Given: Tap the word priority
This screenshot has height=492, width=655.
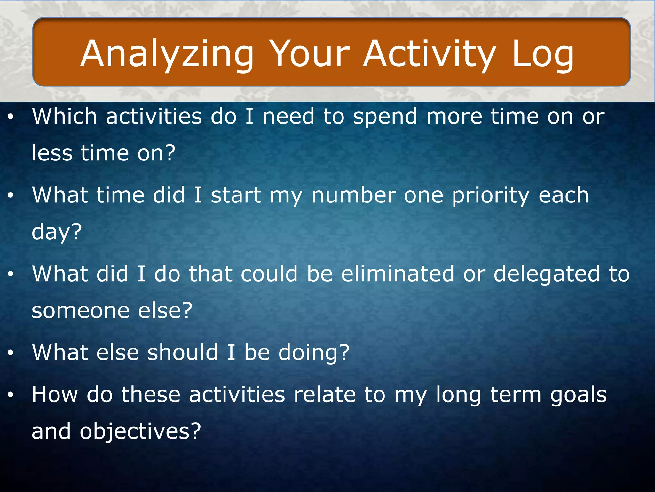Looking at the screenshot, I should (491, 195).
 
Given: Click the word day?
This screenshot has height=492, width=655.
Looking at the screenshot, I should (57, 232).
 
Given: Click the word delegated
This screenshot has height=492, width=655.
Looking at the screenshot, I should (547, 274).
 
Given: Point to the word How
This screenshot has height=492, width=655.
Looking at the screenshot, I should (55, 394).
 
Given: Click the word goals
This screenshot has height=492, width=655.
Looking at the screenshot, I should (578, 395).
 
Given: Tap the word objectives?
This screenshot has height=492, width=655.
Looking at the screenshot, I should (140, 431).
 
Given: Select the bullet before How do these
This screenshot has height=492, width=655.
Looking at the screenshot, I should (11, 395).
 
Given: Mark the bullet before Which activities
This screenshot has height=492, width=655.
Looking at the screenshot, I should (11, 117).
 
